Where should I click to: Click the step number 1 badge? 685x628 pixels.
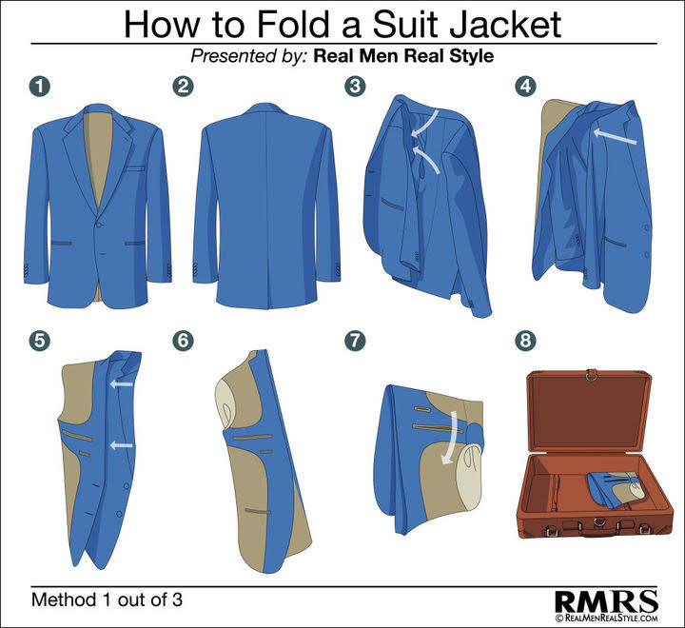pyautogui.click(x=40, y=86)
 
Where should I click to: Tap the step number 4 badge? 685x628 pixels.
pyautogui.click(x=525, y=86)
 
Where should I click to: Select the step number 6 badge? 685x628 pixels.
pyautogui.click(x=183, y=340)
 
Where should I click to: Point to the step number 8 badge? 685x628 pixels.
pyautogui.click(x=525, y=340)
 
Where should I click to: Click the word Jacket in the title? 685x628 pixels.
pyautogui.click(x=505, y=25)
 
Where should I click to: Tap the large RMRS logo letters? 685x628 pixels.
pyautogui.click(x=606, y=601)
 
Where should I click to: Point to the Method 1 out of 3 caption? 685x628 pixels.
pyautogui.click(x=107, y=599)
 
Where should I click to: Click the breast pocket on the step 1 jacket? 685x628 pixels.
pyautogui.click(x=134, y=167)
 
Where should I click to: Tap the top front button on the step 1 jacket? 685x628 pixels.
pyautogui.click(x=99, y=225)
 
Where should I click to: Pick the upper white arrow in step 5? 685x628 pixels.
pyautogui.click(x=122, y=384)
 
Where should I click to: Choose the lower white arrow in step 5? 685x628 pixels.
pyautogui.click(x=122, y=445)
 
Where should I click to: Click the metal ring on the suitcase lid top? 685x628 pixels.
pyautogui.click(x=591, y=375)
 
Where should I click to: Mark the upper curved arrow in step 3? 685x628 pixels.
pyautogui.click(x=425, y=123)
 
